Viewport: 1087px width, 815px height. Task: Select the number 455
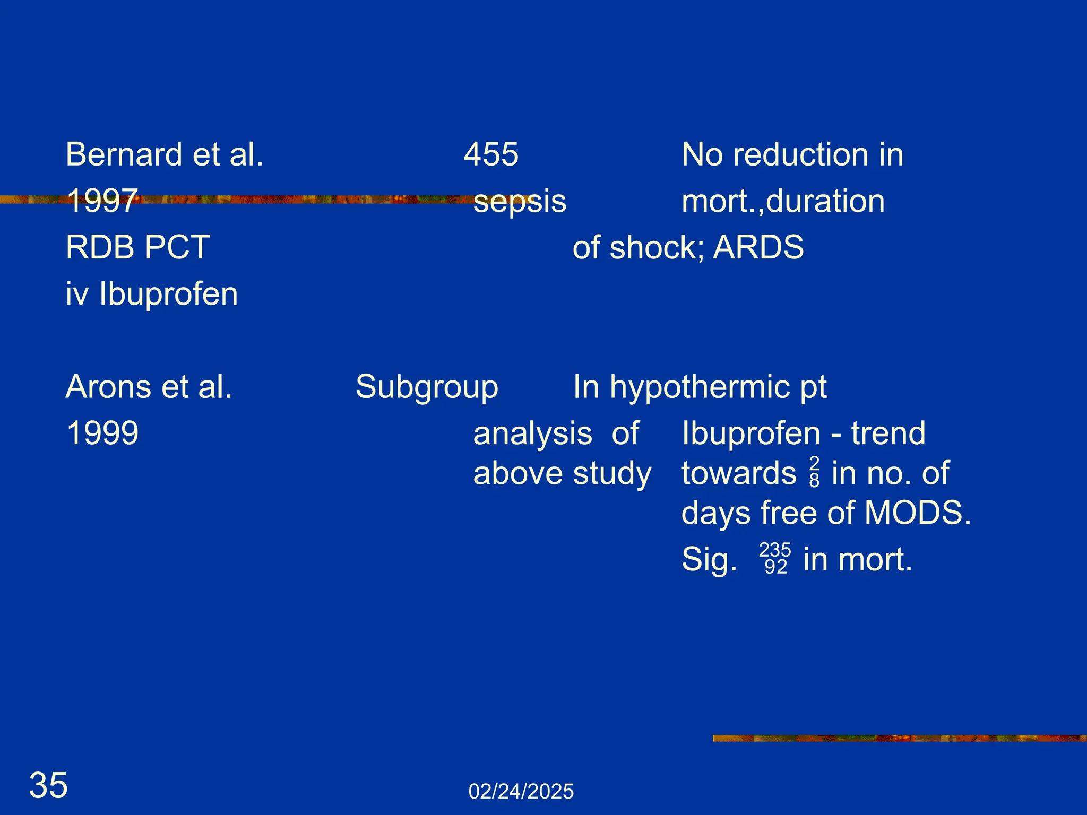coord(491,154)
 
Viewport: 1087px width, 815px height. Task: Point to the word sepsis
coord(520,202)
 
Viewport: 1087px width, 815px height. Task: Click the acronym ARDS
coord(758,247)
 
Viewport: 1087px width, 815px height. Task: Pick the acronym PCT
coord(177,247)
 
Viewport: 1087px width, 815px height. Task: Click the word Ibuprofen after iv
coord(168,294)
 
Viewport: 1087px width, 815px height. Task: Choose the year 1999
coord(102,433)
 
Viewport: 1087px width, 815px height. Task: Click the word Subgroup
coord(427,387)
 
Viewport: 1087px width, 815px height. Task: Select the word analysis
coord(532,433)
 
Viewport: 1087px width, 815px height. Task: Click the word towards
coord(739,473)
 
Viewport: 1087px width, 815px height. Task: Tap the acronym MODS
coord(917,513)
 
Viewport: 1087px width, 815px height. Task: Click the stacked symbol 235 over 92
coord(775,559)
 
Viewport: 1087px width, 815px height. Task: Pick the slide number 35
coord(48,785)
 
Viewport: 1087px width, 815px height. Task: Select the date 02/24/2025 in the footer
coord(521,792)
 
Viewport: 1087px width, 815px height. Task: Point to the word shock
coord(657,247)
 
